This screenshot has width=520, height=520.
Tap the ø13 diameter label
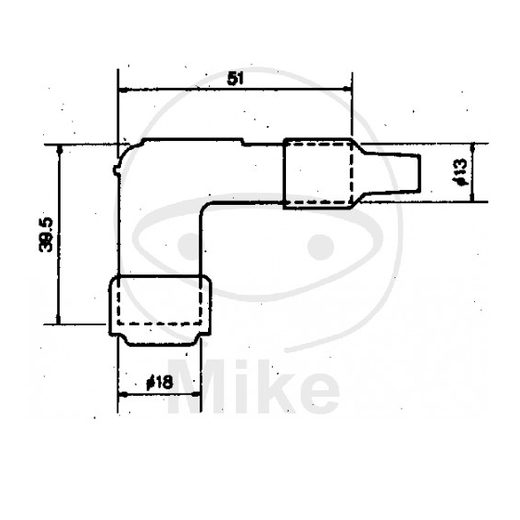tap(459, 172)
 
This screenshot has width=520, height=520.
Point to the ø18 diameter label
tap(160, 382)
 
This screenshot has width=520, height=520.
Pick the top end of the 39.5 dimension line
tap(59, 145)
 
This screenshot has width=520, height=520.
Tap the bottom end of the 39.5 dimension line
tap(59, 324)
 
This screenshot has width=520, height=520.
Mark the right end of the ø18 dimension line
tap(203, 393)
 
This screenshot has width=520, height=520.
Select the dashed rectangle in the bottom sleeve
tap(160, 302)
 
